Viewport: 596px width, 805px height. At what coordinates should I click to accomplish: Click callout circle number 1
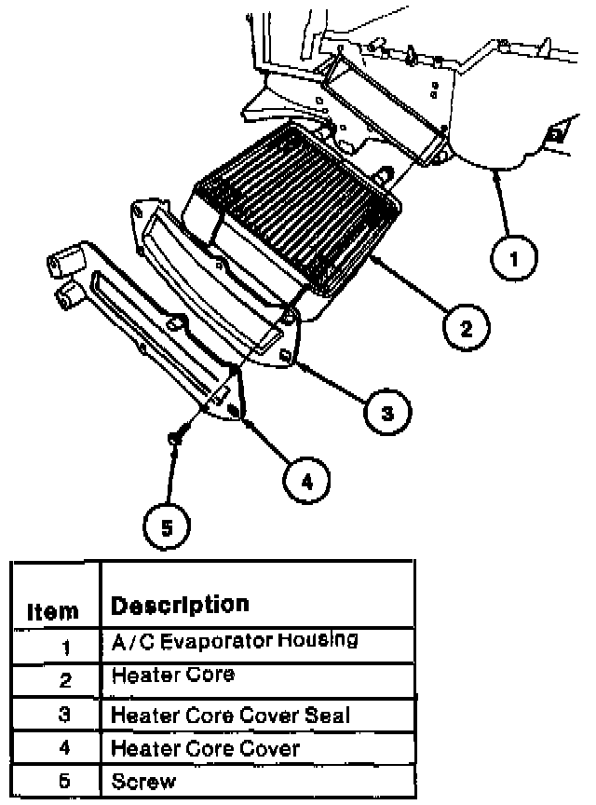(512, 256)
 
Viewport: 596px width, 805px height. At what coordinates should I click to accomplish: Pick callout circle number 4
(308, 480)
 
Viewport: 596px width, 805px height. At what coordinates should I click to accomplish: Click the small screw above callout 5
(174, 437)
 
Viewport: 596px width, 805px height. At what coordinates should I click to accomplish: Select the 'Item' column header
(53, 611)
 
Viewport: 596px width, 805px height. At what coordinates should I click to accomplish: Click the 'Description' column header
(180, 604)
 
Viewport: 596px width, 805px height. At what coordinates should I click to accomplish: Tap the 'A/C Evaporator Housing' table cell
(234, 641)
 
